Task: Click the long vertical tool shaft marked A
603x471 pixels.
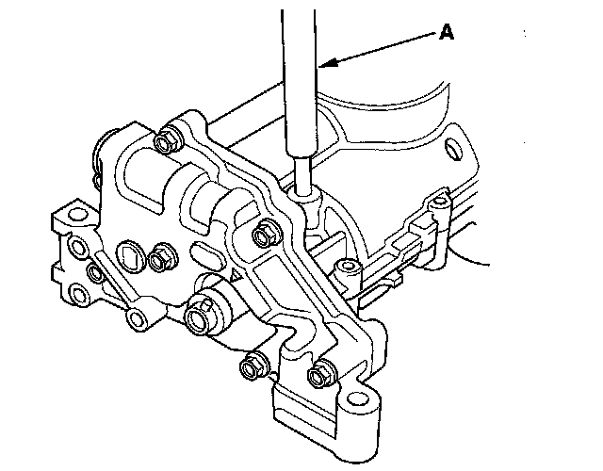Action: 301,85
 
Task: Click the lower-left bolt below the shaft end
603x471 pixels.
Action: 252,365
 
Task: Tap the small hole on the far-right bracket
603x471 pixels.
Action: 438,202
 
